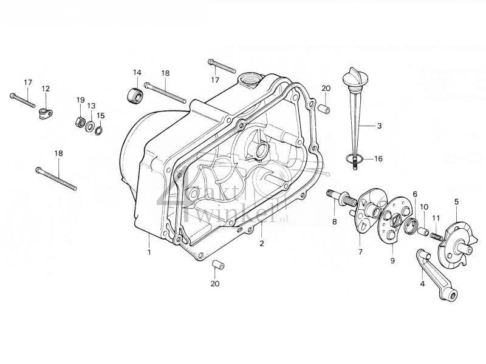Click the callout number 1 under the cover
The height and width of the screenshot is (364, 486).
[148, 251]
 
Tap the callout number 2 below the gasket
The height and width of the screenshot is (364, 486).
[262, 244]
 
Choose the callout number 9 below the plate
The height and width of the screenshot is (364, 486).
[392, 260]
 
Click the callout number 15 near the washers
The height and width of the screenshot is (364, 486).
[101, 115]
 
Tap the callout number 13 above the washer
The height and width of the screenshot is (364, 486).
[91, 106]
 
